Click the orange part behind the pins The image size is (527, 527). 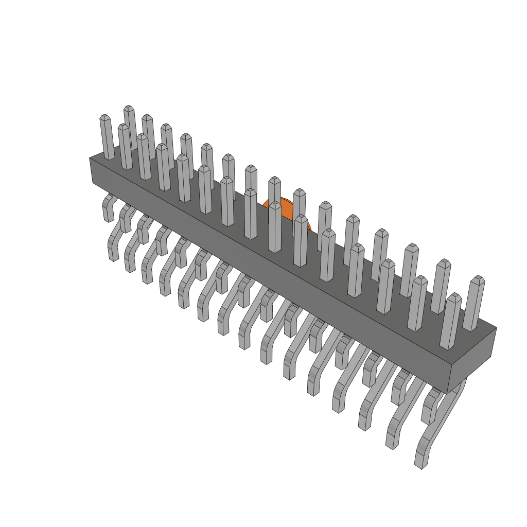click(286, 210)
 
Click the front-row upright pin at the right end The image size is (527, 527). click(450, 322)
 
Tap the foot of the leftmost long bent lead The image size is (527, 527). click(113, 252)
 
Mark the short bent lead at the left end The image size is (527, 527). click(108, 208)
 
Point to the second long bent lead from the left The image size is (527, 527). click(130, 262)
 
